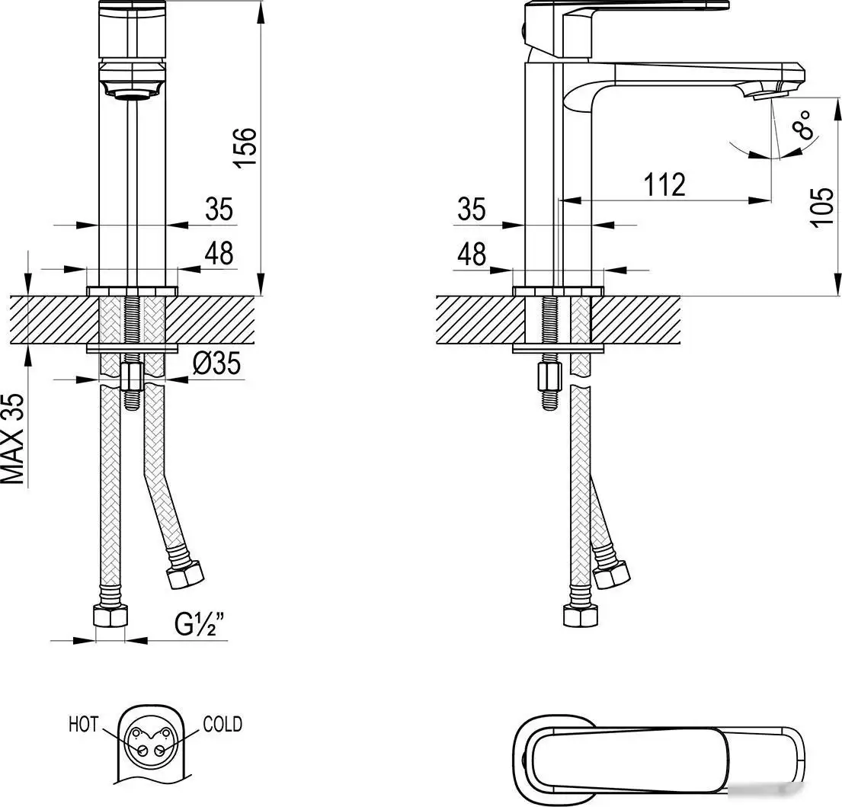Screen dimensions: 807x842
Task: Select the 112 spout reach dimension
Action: click(x=664, y=185)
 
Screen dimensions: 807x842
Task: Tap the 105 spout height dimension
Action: click(x=821, y=207)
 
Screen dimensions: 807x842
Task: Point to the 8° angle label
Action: click(x=803, y=124)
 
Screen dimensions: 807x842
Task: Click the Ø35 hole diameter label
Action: click(x=216, y=365)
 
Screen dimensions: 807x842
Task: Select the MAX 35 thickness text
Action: click(x=13, y=440)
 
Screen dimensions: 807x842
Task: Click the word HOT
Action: click(x=83, y=723)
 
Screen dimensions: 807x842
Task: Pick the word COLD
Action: click(x=223, y=723)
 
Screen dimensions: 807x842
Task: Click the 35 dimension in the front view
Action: click(x=219, y=210)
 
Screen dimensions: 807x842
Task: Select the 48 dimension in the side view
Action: click(x=472, y=255)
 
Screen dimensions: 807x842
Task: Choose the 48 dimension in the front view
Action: click(x=219, y=254)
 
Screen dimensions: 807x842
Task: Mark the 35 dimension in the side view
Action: click(x=472, y=209)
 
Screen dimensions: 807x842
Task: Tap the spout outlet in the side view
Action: click(x=764, y=95)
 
